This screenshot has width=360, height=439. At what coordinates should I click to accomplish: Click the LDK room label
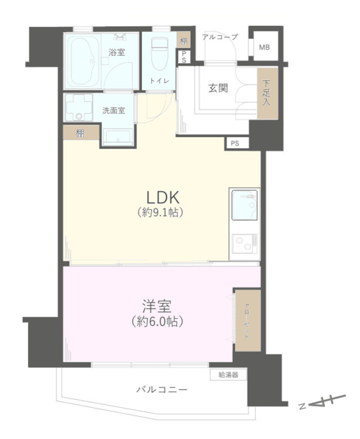point(163,198)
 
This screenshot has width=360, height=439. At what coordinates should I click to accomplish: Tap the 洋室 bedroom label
point(157,306)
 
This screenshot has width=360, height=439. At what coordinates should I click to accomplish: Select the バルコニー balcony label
point(162,389)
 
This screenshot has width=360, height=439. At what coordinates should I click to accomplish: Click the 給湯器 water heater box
point(228,375)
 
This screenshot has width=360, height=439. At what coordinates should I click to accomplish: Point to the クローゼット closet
point(248,321)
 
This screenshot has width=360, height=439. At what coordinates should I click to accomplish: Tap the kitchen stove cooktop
point(245,243)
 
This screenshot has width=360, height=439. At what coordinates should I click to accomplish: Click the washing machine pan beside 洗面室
point(78,107)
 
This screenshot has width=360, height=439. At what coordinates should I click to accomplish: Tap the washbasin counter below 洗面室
point(118,137)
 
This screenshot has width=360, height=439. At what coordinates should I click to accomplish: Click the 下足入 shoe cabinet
point(268,93)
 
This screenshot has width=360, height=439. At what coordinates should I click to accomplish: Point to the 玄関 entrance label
point(218,88)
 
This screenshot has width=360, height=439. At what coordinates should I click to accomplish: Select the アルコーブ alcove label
point(220,37)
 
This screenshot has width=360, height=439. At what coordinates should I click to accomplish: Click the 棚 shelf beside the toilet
point(184,41)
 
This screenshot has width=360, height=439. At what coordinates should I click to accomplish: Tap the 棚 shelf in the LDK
point(81,133)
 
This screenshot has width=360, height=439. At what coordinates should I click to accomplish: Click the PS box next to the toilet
point(184,57)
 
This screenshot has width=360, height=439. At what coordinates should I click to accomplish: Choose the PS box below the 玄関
point(236,143)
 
